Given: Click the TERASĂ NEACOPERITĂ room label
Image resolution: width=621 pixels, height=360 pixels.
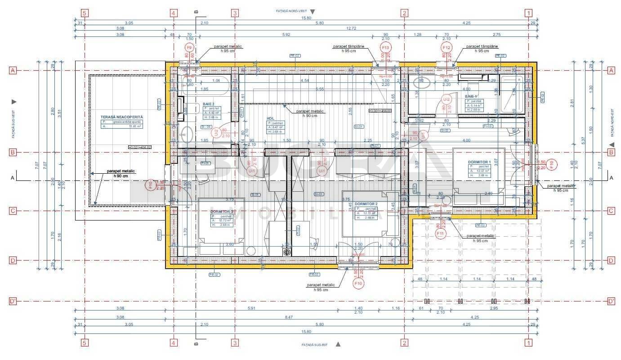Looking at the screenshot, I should click(122, 117).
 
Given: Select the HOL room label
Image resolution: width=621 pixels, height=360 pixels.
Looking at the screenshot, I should click(270, 118).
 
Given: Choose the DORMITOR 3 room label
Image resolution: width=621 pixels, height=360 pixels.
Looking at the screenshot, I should click(222, 211).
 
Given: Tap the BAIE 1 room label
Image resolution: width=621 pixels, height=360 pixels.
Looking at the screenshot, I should click(471, 97).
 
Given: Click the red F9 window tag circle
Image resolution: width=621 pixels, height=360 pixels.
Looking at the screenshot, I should click(189, 48).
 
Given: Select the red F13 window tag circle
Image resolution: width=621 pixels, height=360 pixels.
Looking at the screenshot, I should click(385, 48).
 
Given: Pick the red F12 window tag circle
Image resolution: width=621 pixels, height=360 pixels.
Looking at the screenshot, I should click(447, 48).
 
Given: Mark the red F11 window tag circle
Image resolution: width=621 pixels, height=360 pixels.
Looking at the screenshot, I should click(440, 234).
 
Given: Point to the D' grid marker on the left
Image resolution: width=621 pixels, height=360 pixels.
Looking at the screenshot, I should click(13, 301).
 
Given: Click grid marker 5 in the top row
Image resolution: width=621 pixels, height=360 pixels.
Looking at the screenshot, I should click(85, 13).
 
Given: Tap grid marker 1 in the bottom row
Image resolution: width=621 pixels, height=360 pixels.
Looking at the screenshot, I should click(529, 342).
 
